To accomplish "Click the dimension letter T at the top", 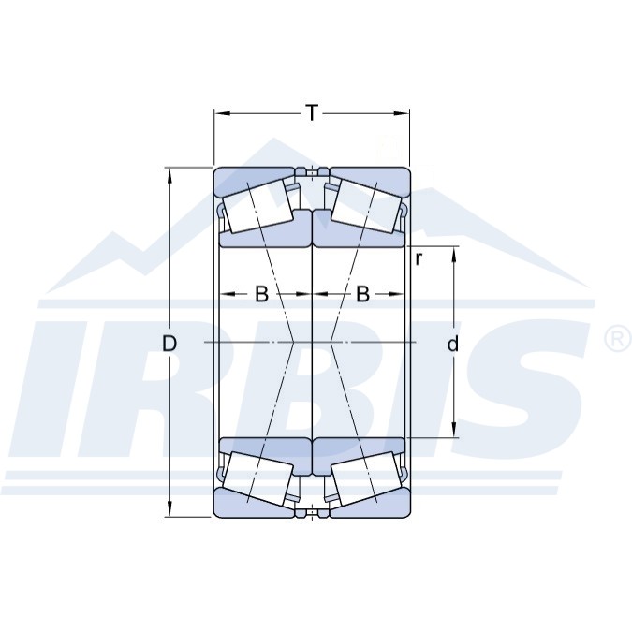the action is point(312,113).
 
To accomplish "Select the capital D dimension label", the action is point(169,344).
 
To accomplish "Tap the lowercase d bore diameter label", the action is point(453,344).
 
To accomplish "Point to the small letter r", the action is point(419,260).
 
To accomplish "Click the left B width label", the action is point(261,294).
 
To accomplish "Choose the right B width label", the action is point(362,294).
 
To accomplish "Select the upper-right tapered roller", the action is point(366,207).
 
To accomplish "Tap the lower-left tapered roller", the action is point(258,478).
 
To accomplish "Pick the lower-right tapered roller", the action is point(366,478).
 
